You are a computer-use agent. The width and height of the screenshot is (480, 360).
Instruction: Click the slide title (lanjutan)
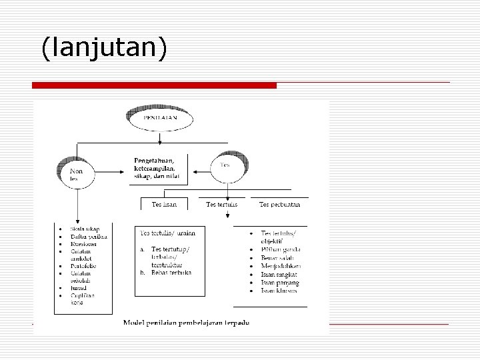(103, 48)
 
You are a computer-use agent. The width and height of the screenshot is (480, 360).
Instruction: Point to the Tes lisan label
(164, 204)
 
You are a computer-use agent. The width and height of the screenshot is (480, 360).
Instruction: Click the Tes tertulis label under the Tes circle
(221, 204)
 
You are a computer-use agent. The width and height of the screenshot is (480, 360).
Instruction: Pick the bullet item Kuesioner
(84, 244)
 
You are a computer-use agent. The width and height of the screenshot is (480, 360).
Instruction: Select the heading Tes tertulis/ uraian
(167, 233)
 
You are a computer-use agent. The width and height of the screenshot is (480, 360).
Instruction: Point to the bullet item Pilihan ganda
(281, 249)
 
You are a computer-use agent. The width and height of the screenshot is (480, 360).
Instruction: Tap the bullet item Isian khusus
(279, 291)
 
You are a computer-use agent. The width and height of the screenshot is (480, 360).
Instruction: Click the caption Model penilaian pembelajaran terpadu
(186, 323)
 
